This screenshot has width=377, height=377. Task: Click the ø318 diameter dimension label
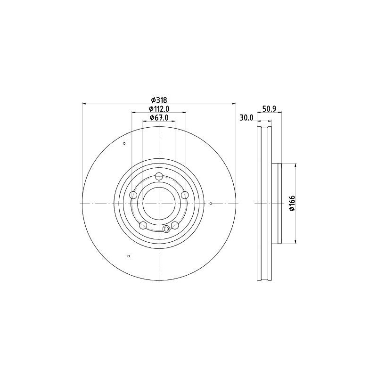coord(159,100)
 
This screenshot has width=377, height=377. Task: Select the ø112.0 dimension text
coord(159,109)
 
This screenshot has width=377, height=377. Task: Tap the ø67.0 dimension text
coord(159,118)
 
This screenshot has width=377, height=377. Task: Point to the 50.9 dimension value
coord(269,109)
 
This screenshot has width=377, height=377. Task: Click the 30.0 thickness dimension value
coord(246,118)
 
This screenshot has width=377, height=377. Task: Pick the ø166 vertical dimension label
coord(292,204)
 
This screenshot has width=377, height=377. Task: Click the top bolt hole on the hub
coord(159,176)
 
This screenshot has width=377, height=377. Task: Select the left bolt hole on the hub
coord(133,195)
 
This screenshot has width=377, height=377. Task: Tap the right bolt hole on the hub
coord(185,195)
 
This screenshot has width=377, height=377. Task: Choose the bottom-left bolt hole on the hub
coord(143,225)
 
